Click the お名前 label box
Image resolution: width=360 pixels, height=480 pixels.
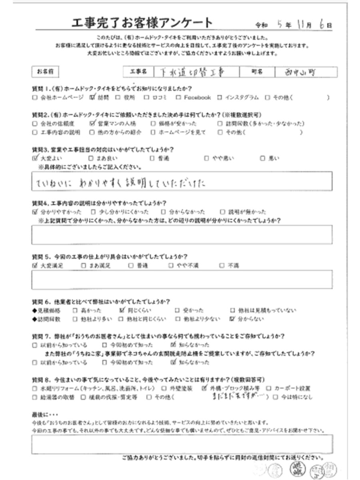45,72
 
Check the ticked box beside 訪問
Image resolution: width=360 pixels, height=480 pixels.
92,97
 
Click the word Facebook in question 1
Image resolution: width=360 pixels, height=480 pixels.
197,97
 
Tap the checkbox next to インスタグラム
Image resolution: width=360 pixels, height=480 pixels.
220,97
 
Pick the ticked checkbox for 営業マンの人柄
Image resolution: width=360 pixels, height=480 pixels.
92,123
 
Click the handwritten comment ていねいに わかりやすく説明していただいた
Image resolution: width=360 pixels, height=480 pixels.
120,184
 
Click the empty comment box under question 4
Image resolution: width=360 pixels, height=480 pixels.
181,234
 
